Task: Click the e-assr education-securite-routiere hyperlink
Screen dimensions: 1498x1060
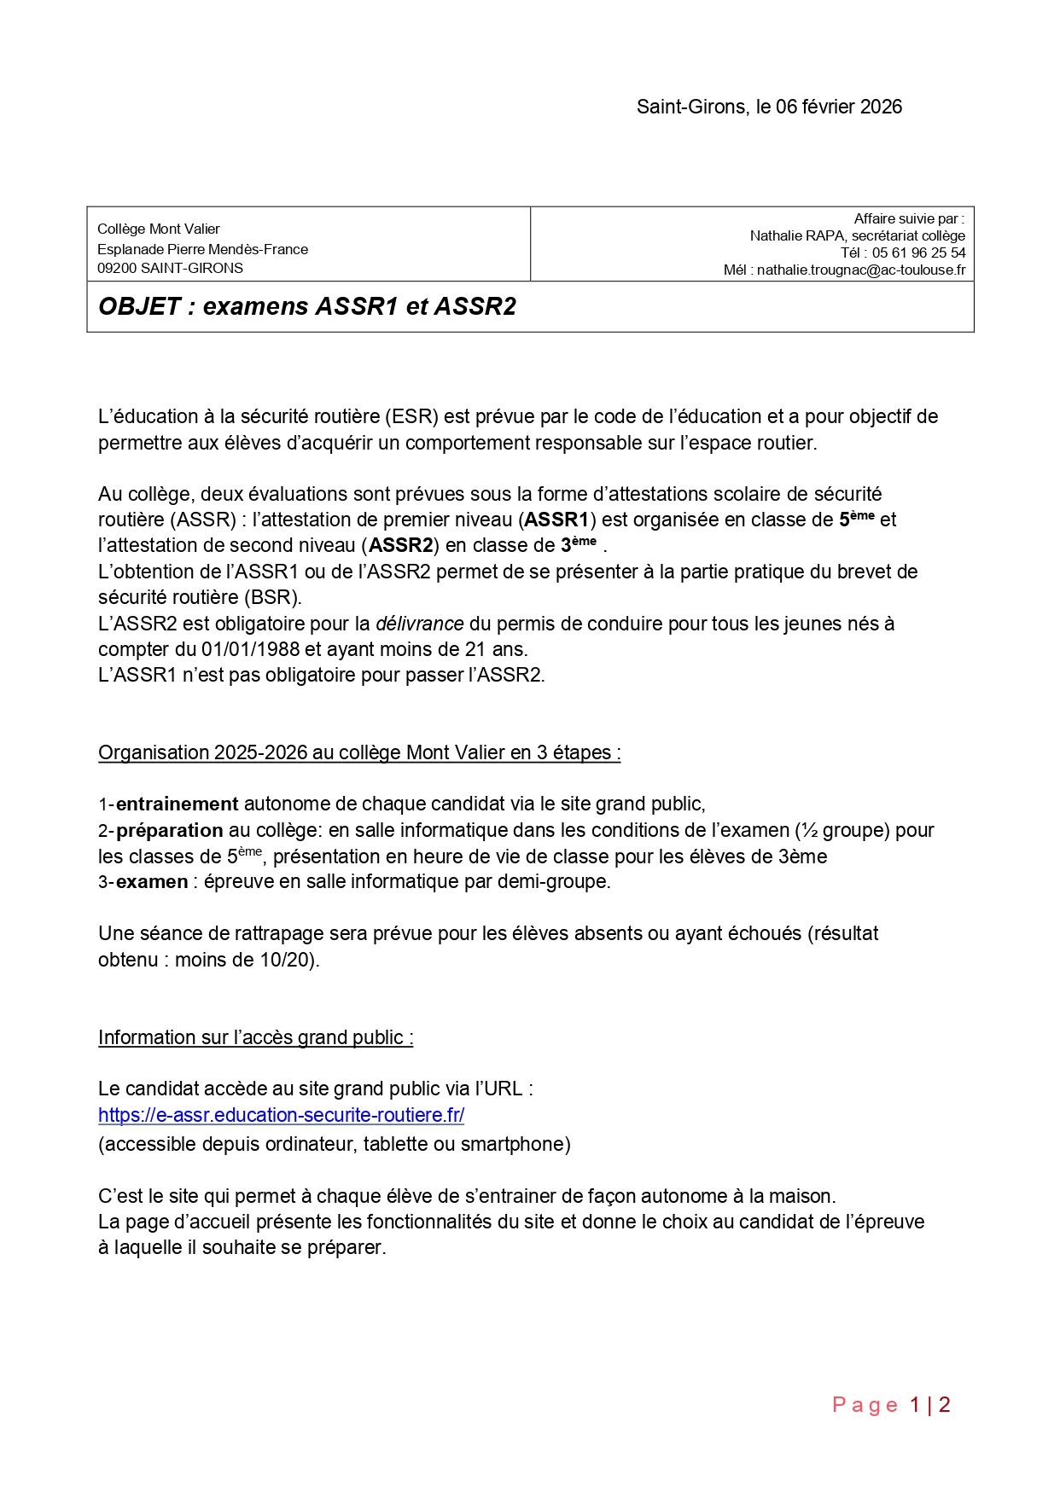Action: click(281, 1115)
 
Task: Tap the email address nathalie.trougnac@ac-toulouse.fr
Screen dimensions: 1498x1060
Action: click(861, 270)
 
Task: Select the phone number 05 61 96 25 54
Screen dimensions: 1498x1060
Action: click(918, 253)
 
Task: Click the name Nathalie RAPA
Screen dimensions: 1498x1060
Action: click(798, 235)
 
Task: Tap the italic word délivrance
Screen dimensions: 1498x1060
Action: click(420, 624)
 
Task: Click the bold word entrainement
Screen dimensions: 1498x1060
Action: click(178, 804)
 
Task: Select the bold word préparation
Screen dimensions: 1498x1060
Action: click(170, 830)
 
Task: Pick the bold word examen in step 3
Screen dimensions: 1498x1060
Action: click(152, 881)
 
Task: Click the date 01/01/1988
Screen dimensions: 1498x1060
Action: click(251, 649)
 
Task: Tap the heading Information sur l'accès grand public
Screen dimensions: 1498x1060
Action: click(255, 1037)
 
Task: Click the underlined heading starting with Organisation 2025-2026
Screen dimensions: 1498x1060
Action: click(359, 752)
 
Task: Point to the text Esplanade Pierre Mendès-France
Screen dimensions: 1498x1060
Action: click(202, 249)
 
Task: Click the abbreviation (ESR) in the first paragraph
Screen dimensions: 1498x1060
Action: click(412, 416)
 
